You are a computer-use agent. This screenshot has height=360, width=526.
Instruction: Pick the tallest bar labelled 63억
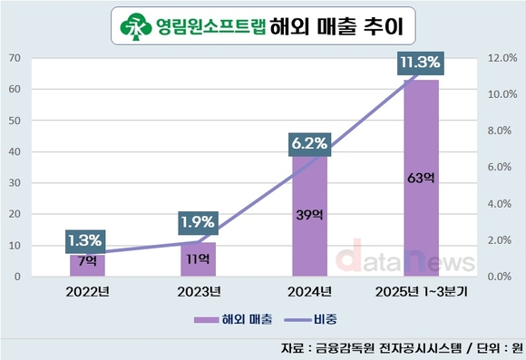pyautogui.click(x=421, y=178)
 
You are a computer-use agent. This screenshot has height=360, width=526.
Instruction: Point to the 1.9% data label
pyautogui.click(x=198, y=221)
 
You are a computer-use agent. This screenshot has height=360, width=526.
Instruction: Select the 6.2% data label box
pyautogui.click(x=309, y=142)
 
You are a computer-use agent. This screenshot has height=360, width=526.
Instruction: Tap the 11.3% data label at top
pyautogui.click(x=419, y=63)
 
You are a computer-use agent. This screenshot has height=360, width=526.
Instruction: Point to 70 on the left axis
pyautogui.click(x=15, y=58)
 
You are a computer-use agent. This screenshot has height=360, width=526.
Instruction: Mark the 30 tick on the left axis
pyautogui.click(x=15, y=182)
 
